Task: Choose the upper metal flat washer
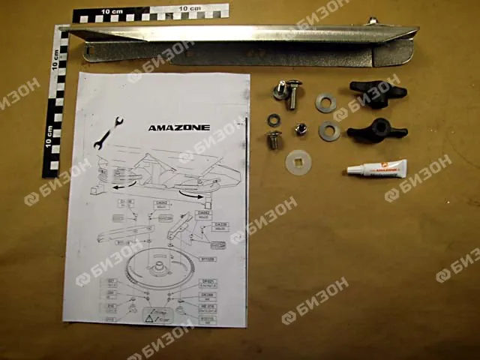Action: (x=325, y=103)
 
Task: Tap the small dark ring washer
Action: (x=274, y=118)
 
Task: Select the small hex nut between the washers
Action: (x=299, y=130)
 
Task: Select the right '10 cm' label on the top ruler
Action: (x=189, y=9)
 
